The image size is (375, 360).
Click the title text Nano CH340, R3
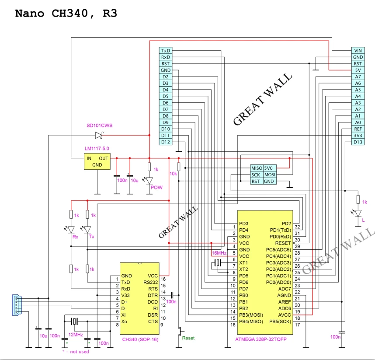coord(66,13)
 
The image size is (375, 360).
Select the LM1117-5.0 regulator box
coord(97,161)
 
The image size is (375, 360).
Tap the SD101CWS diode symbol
coord(98,135)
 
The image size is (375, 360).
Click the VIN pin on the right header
coord(358,51)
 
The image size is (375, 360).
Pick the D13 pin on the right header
coord(358,142)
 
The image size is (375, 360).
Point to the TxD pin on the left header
coord(166,51)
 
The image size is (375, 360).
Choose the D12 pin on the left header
coord(166,142)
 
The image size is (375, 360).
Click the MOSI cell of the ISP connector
coord(269,175)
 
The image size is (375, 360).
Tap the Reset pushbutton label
coord(188,338)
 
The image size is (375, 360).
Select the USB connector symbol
coord(16,304)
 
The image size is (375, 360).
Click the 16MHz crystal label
coord(219,253)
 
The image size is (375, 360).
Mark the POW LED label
coord(156,187)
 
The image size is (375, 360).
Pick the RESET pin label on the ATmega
coord(281,243)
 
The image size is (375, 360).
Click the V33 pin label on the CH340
coord(126,295)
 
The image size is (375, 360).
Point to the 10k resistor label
coord(173,173)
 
